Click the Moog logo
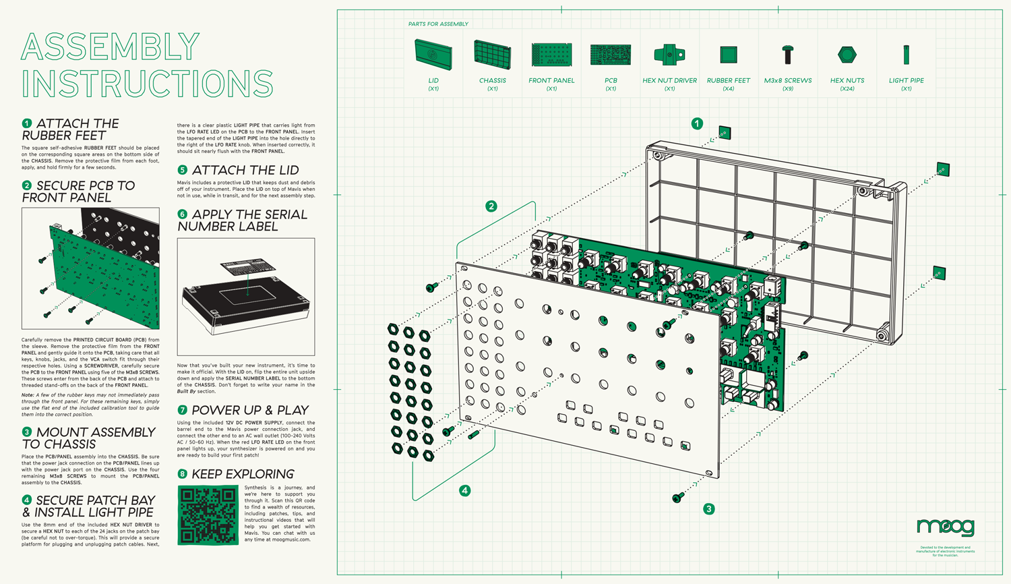(x=945, y=527)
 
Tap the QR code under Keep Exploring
(x=208, y=515)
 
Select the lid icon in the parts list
(x=433, y=55)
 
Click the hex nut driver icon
(x=669, y=55)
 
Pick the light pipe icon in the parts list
(x=906, y=54)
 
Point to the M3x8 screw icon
(x=787, y=54)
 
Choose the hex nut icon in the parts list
(x=847, y=54)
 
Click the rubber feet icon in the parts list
(x=728, y=54)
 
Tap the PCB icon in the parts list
(x=611, y=55)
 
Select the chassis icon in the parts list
(x=492, y=55)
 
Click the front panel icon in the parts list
(x=551, y=55)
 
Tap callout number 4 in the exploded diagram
(x=464, y=490)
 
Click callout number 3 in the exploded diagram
(x=708, y=509)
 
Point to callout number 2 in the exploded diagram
(x=491, y=206)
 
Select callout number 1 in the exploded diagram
(x=697, y=123)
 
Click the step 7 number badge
(x=182, y=410)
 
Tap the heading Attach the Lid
(x=245, y=170)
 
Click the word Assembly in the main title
(x=111, y=47)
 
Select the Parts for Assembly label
(x=438, y=24)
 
